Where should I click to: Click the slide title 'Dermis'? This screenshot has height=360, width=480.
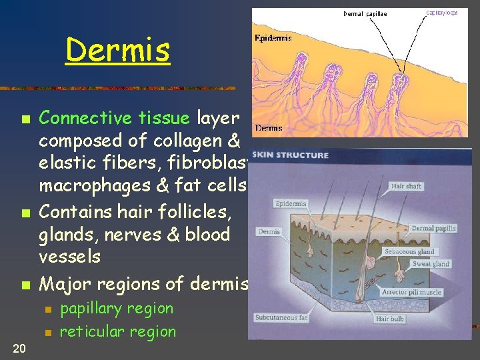point(117,50)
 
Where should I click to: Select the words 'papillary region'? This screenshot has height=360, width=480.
point(116,309)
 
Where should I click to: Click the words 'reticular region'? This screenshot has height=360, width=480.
point(117,331)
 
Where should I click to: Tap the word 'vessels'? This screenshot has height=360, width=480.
point(69,257)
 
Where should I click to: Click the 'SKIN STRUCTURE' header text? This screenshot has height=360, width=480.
point(291,155)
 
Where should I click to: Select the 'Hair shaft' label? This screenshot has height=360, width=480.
point(407,186)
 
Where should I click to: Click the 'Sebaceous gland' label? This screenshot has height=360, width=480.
point(409,251)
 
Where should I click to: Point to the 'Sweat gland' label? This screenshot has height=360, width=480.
point(431,264)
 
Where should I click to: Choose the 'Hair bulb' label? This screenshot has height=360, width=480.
point(391,319)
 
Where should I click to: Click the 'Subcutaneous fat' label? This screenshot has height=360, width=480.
point(281,318)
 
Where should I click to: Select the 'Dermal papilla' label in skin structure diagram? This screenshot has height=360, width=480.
point(434,228)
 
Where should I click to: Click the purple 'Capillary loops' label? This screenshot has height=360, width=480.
point(442,12)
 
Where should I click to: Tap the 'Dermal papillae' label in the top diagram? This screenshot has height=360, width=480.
point(365,13)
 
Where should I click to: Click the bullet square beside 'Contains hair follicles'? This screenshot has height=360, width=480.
point(25,214)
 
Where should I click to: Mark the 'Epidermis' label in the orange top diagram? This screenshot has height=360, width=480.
point(273,38)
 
